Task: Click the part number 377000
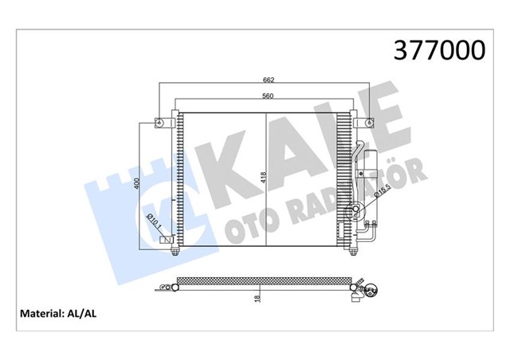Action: point(437,50)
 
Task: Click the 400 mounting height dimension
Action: point(137,186)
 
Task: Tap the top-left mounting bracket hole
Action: point(159,123)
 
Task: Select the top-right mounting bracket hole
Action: point(370,123)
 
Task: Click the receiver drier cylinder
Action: point(364,171)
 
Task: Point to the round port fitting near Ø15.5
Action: point(356,211)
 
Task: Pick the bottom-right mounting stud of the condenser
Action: point(351,252)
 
